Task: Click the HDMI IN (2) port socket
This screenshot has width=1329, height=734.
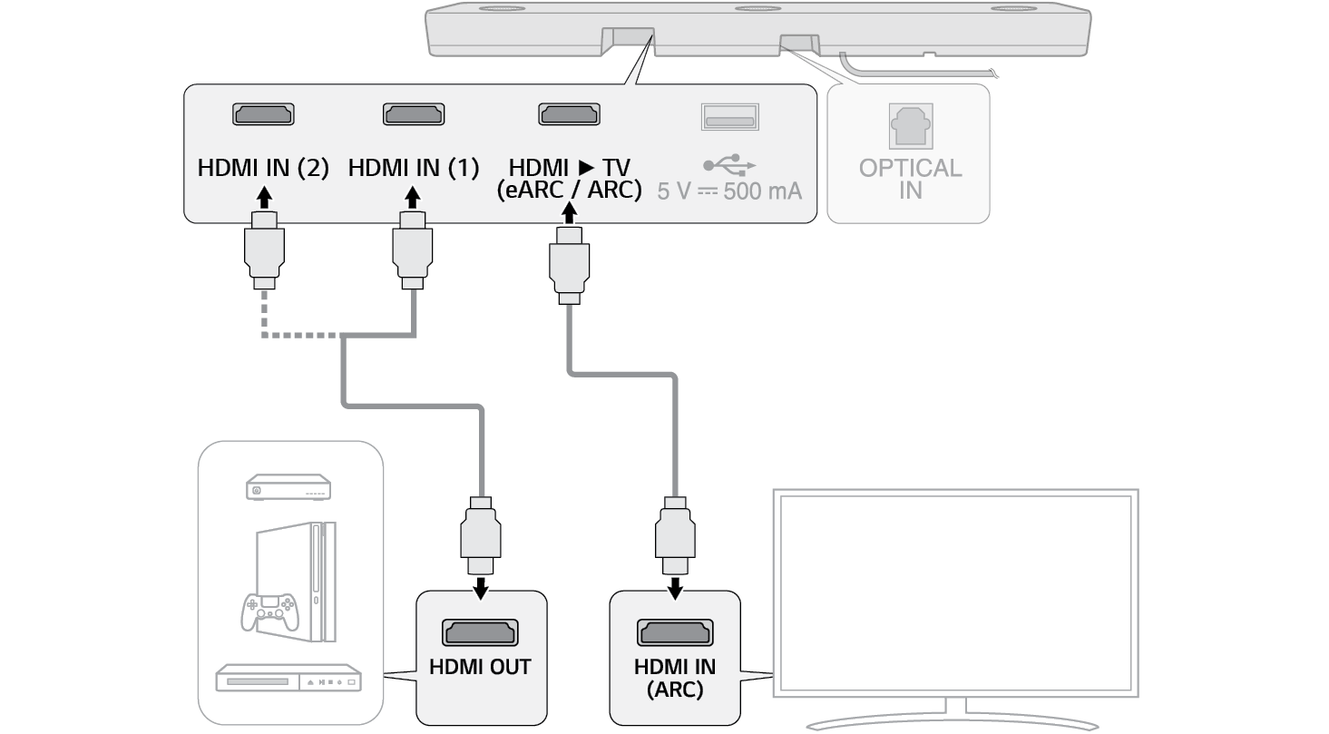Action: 263,114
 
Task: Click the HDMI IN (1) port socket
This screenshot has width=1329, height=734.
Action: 413,114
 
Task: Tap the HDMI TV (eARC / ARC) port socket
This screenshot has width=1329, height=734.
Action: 570,114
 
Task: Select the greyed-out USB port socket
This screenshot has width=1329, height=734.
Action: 729,117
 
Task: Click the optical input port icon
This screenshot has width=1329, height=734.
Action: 910,125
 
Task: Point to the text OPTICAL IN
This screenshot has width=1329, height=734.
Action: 910,179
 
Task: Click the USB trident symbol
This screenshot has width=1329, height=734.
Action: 728,164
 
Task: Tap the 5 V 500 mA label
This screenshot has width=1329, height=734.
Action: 729,192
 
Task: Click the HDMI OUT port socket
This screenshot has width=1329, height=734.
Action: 480,631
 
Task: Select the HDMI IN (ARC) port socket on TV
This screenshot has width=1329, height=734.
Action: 674,631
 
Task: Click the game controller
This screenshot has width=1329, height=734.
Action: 269,612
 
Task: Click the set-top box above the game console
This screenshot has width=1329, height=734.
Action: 288,489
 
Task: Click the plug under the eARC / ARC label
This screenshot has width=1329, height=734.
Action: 569,265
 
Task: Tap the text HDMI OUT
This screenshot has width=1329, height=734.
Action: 480,668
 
